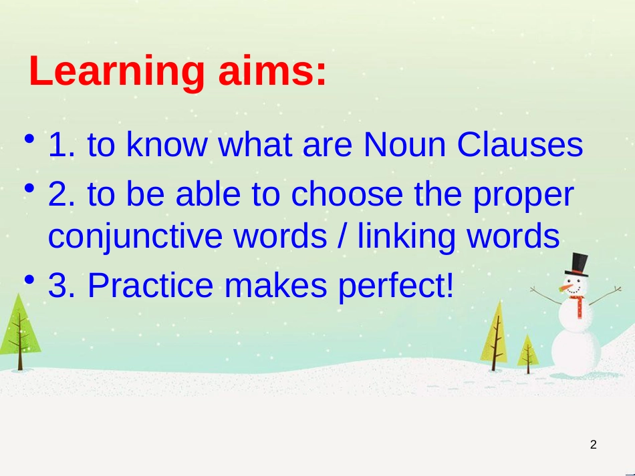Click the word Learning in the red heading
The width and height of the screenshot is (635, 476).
click(x=116, y=71)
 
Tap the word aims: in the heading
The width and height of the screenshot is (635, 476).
click(x=272, y=71)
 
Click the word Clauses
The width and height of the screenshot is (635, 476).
click(x=520, y=144)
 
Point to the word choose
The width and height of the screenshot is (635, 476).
click(x=347, y=194)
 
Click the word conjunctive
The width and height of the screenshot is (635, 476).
click(x=135, y=236)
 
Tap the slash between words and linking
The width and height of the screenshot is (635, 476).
click(x=342, y=236)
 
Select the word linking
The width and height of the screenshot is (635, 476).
click(x=406, y=236)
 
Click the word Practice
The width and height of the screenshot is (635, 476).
click(x=150, y=285)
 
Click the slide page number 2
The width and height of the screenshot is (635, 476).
click(x=594, y=445)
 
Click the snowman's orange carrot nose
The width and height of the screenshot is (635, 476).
click(x=566, y=288)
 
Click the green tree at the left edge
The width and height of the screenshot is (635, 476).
click(x=19, y=332)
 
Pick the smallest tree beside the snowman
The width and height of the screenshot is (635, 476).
click(x=527, y=354)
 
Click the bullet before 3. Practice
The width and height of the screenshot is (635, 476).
click(x=29, y=280)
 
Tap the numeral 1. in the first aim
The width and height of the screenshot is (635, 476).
click(x=61, y=144)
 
